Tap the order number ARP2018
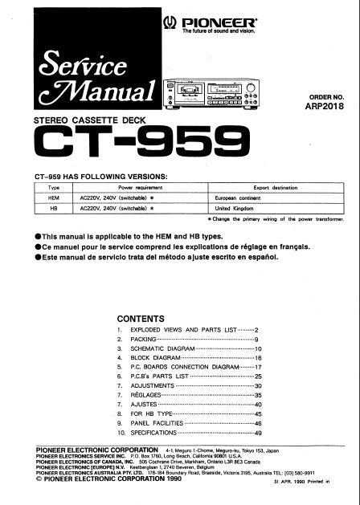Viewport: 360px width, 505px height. point(331,102)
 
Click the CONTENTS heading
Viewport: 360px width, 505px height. point(142,318)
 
